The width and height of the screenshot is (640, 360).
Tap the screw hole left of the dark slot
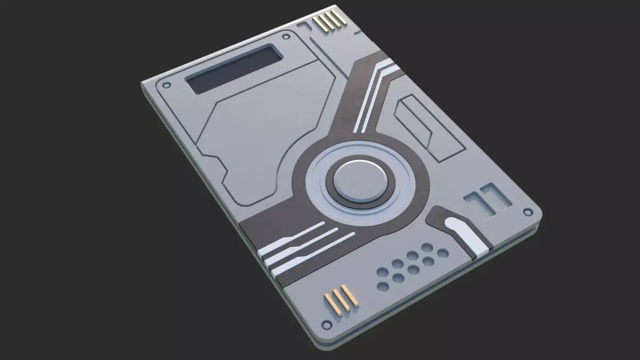(x=167, y=85)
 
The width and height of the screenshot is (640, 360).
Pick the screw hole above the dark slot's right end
(x=286, y=37)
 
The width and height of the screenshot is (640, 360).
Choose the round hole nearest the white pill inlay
(x=442, y=252)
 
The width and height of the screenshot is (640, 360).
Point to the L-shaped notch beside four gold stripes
(x=305, y=27)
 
